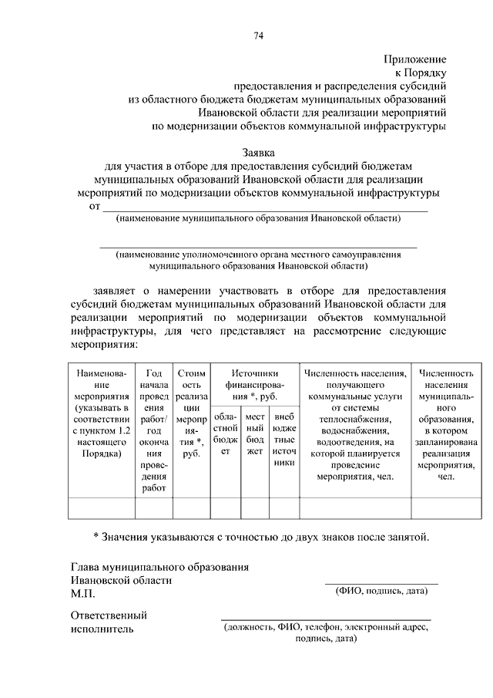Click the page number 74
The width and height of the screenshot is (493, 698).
pos(258,34)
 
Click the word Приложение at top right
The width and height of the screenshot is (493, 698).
pos(415,59)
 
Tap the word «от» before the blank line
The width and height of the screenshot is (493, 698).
pos(95,207)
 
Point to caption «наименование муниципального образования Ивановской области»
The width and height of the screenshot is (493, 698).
pos(258,219)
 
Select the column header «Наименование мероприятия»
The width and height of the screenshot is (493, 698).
pos(102,413)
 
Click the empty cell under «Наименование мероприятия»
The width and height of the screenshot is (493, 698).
pos(102,508)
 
